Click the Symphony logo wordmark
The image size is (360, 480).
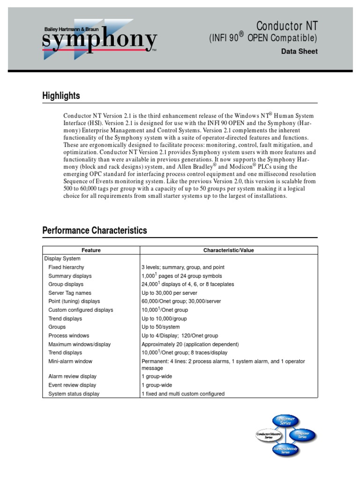[x=99, y=41]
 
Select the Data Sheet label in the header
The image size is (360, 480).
[x=299, y=52]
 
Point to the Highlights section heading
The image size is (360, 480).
[x=61, y=96]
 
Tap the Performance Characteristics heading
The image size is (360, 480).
[x=94, y=230]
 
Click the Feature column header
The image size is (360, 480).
[x=91, y=250]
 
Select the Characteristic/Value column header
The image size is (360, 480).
[x=228, y=250]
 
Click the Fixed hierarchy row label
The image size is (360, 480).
[x=66, y=267]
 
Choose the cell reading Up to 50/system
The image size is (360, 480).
[x=160, y=327]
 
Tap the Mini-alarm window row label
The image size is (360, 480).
[x=70, y=361]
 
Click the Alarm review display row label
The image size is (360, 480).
[x=72, y=376]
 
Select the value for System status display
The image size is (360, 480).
[x=183, y=394]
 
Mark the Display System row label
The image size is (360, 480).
[x=62, y=259]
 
